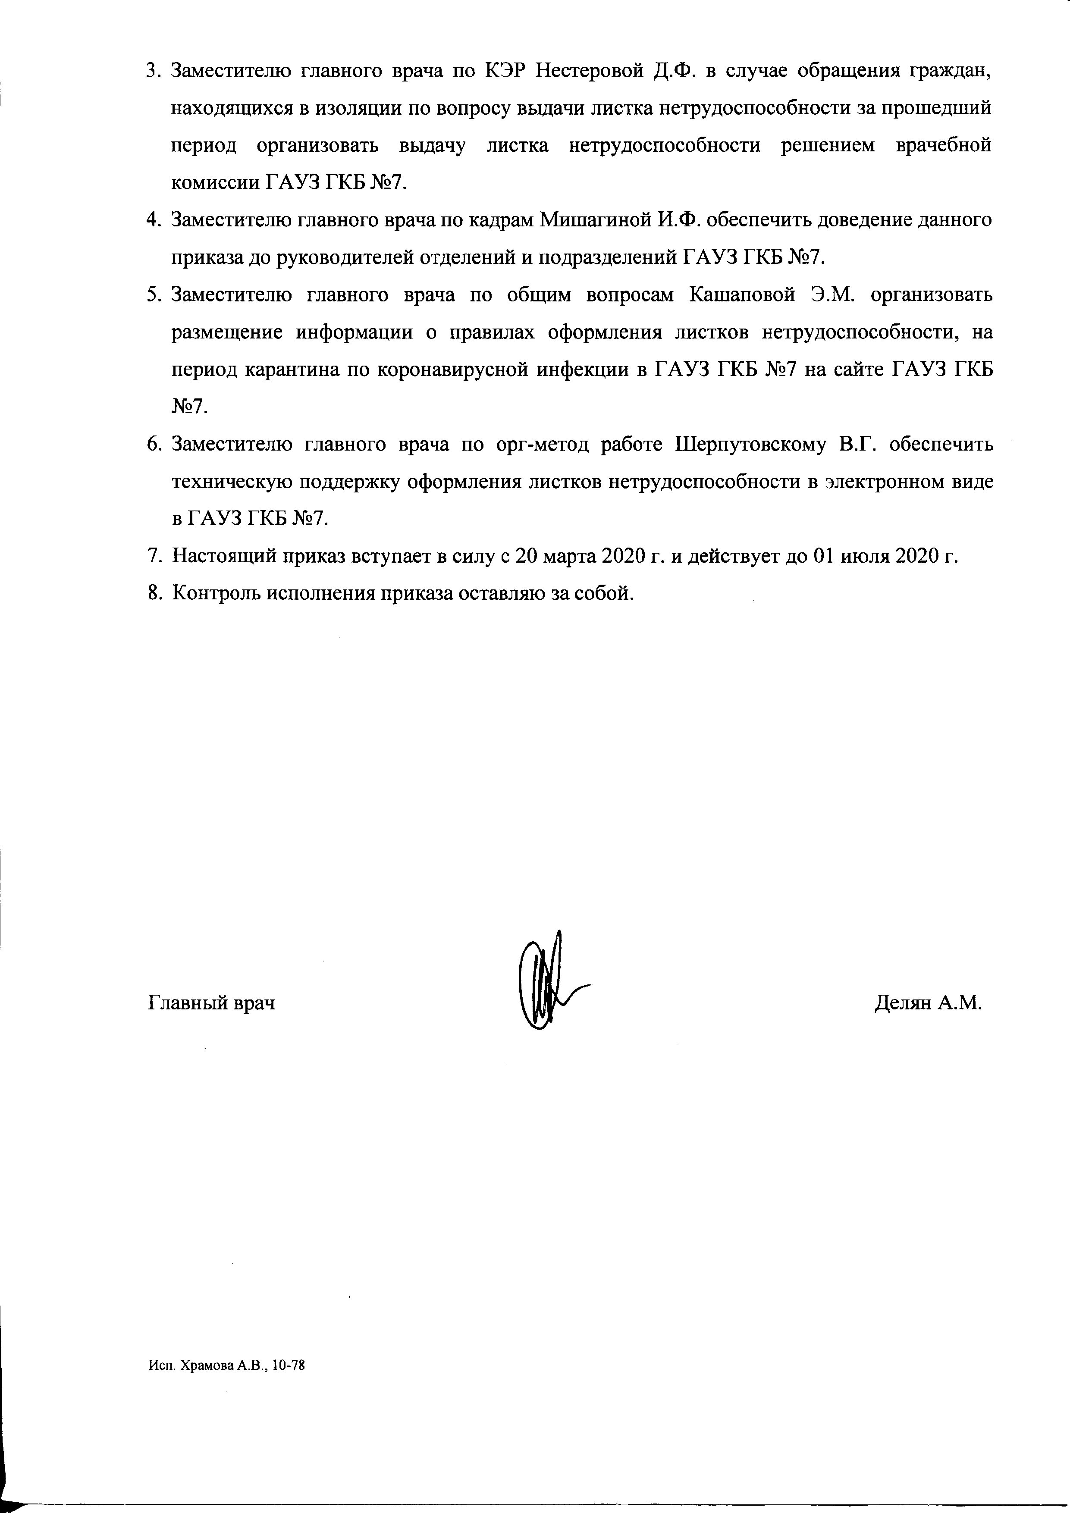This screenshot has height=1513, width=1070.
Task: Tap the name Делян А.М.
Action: click(x=928, y=1003)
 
